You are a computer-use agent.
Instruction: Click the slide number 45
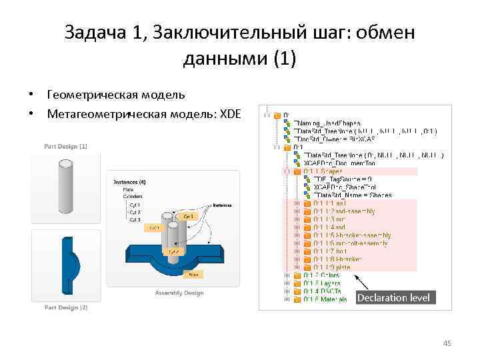(x=447, y=343)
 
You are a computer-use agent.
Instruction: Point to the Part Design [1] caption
(x=65, y=145)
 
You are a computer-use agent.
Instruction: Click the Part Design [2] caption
(x=65, y=307)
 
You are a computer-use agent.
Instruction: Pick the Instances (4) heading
(x=130, y=181)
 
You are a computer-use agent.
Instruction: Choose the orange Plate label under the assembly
(x=193, y=273)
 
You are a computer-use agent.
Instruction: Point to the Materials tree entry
(x=326, y=299)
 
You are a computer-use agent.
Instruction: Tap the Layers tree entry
(x=323, y=283)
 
